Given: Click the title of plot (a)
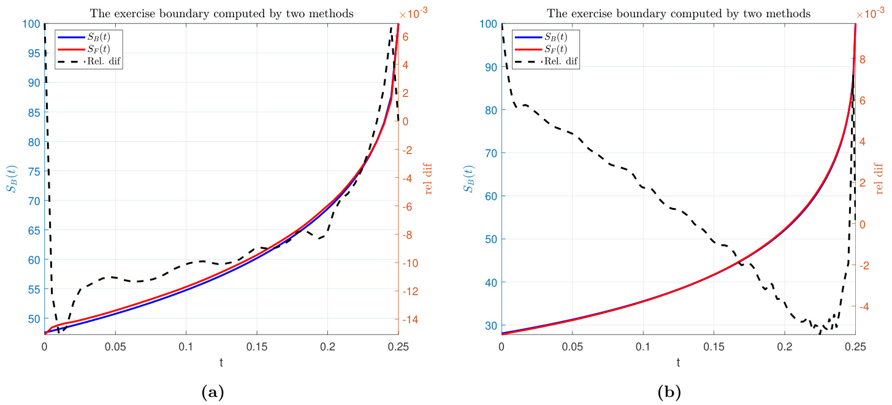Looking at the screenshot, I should tap(221, 13).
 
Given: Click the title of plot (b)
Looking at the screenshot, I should tap(678, 13).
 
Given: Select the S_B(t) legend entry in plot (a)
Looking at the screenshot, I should tap(96, 37).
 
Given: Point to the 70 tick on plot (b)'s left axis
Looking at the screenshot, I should tap(490, 153).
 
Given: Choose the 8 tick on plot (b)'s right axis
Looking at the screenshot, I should tap(862, 60).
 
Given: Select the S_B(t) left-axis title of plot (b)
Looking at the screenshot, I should tap(469, 179).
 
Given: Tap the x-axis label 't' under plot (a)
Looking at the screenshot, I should tap(221, 363).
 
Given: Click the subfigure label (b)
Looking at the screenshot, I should tap(669, 391).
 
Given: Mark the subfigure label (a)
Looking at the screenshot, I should tap(212, 391).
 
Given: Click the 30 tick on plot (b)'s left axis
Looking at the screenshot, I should tap(490, 325).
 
